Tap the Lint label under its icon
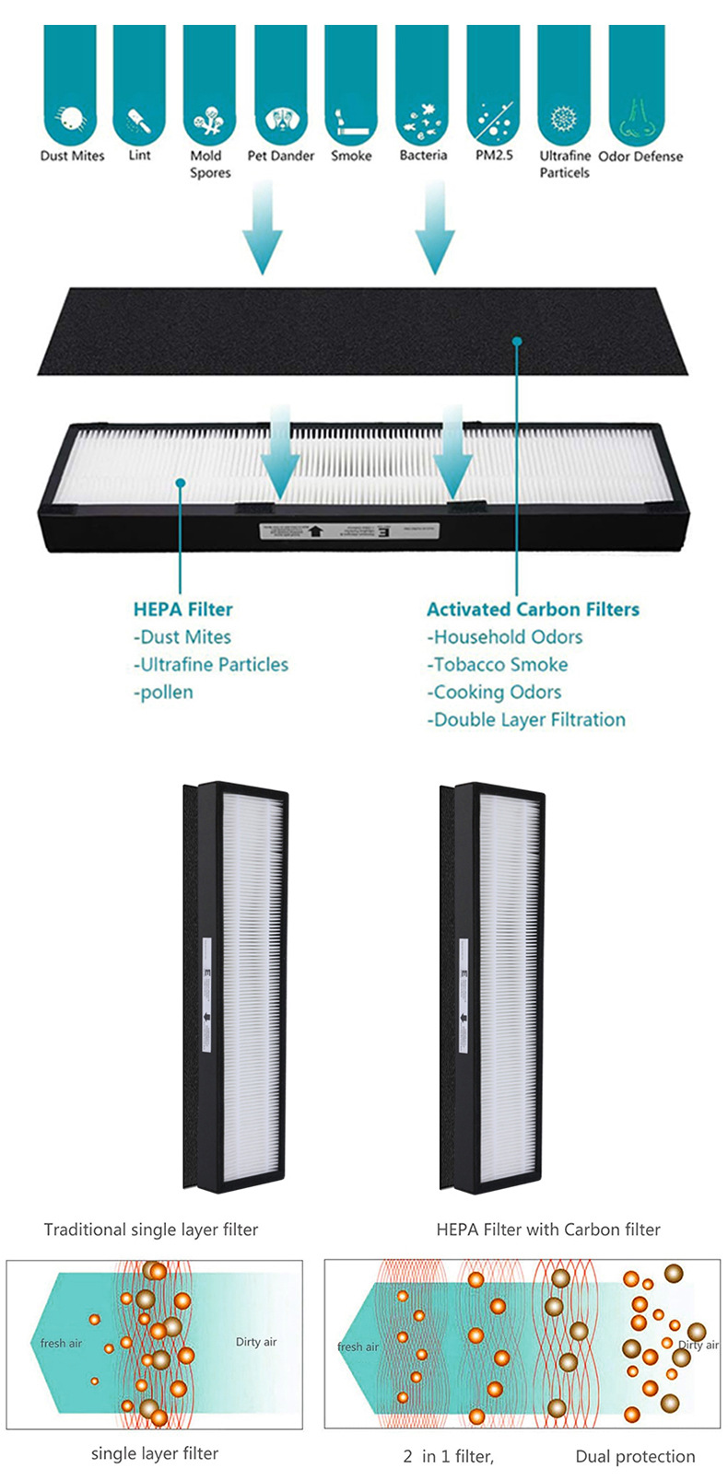(x=139, y=155)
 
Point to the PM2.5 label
(x=494, y=156)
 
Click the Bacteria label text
(x=423, y=156)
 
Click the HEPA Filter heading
(x=182, y=609)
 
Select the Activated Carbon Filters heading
(x=533, y=609)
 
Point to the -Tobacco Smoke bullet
(x=497, y=664)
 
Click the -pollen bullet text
(x=163, y=692)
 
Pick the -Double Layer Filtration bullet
(x=525, y=719)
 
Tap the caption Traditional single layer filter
(x=151, y=1229)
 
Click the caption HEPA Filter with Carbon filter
(x=547, y=1229)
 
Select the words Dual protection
(x=635, y=1456)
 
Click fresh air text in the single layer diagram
(x=61, y=1344)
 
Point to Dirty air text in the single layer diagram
(x=255, y=1342)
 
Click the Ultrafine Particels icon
(x=563, y=119)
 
